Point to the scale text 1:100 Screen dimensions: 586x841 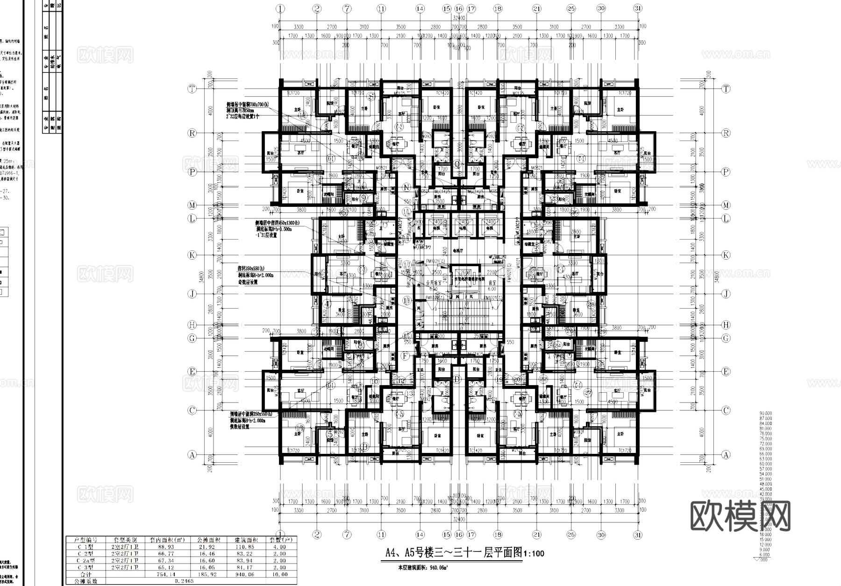tap(533, 554)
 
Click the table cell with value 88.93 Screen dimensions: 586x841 tap(167, 547)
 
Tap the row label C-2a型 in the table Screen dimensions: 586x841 tap(86, 560)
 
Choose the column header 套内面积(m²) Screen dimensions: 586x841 tap(167, 540)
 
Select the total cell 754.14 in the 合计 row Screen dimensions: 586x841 tap(167, 574)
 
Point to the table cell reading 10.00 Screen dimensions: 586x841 tap(279, 574)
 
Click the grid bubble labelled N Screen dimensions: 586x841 tap(406, 188)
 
